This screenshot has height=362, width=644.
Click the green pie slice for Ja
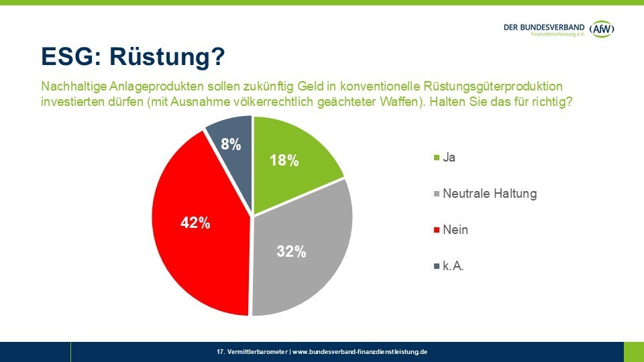tap(295, 174)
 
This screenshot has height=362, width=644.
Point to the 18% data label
tap(284, 161)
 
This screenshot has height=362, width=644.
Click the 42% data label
tap(195, 223)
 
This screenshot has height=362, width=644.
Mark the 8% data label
tap(231, 143)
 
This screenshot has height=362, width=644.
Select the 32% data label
tap(292, 252)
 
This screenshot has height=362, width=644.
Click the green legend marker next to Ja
tap(437, 158)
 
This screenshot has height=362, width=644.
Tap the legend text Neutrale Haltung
tap(490, 194)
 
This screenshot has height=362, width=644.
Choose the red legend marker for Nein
tap(437, 230)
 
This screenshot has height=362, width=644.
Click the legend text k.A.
tap(454, 266)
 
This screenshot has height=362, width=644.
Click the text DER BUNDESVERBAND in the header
tap(544, 26)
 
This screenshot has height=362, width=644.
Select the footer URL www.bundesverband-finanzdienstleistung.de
tap(361, 352)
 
